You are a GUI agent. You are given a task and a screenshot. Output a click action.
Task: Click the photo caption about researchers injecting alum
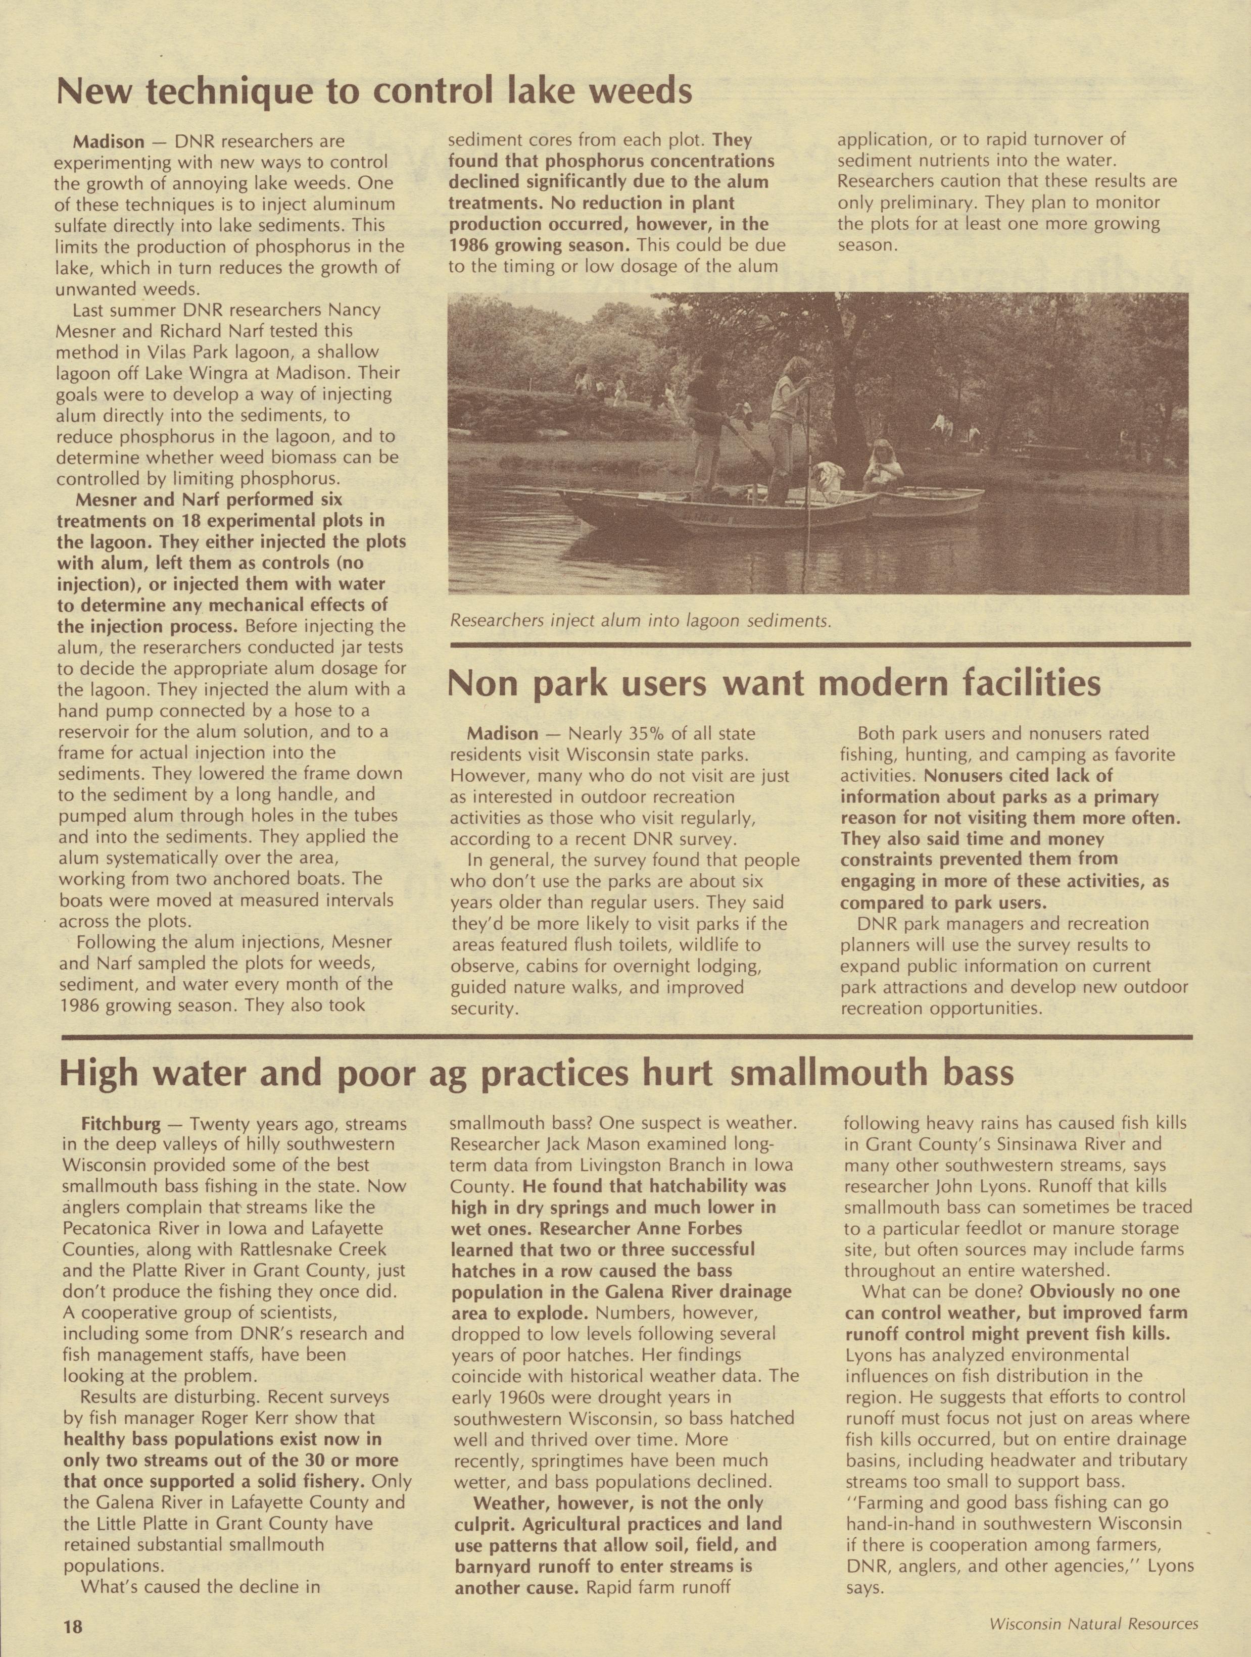(640, 620)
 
